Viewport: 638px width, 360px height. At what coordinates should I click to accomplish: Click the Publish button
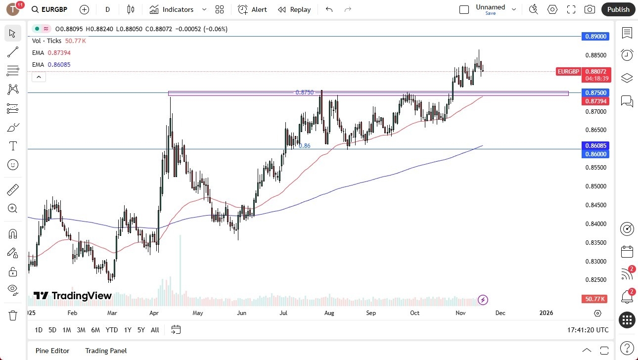[618, 9]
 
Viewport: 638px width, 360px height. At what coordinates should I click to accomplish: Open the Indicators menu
[178, 9]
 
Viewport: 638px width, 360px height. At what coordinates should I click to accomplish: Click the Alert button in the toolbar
[252, 9]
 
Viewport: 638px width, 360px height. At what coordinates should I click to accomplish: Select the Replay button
[294, 9]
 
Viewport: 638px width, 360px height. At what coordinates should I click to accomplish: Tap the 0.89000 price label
[596, 36]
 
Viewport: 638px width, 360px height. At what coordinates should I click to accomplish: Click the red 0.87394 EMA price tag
[596, 101]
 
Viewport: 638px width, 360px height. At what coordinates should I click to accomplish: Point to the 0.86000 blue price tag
[596, 154]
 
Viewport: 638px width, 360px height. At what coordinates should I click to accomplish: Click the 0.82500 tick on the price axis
[596, 280]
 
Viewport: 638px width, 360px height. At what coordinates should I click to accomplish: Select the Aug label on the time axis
[329, 313]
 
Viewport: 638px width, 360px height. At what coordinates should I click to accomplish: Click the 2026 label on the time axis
[546, 313]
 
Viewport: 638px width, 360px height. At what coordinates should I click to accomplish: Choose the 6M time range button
[95, 330]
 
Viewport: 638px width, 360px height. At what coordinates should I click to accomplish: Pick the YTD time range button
[112, 330]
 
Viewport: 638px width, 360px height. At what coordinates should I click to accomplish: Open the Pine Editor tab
[52, 351]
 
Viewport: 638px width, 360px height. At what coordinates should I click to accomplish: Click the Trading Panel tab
[106, 351]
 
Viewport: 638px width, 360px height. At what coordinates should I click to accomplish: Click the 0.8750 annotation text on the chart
[304, 92]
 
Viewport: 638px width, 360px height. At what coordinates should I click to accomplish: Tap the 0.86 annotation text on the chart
[305, 146]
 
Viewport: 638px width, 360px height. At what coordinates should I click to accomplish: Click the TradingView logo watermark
[73, 296]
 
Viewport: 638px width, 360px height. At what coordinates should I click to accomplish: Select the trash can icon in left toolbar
[13, 315]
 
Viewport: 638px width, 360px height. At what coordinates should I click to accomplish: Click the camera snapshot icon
[590, 9]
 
